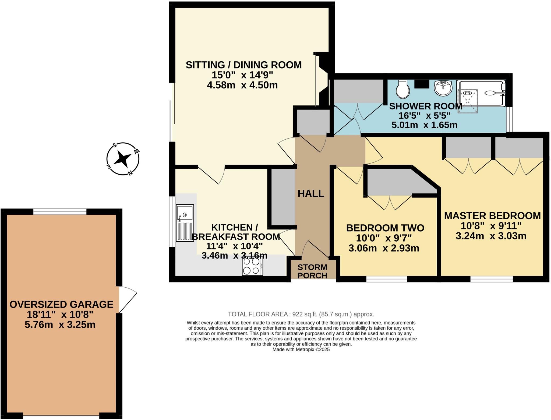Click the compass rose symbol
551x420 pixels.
[123, 159]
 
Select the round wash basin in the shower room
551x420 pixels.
[443, 88]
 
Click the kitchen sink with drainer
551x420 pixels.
[185, 223]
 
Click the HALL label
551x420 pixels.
[311, 194]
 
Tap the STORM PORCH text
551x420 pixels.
[312, 271]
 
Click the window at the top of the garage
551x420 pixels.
[60, 212]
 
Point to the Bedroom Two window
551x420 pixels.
[386, 280]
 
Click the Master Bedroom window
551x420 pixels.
[492, 280]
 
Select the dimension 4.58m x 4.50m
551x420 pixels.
[242, 85]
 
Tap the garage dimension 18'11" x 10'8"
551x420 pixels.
[60, 314]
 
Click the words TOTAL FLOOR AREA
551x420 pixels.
[258, 314]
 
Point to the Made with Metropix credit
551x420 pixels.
[301, 350]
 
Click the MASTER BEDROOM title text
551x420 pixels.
[492, 216]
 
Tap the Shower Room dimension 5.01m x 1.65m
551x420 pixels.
[424, 125]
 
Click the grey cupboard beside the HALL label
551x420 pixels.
[283, 197]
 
